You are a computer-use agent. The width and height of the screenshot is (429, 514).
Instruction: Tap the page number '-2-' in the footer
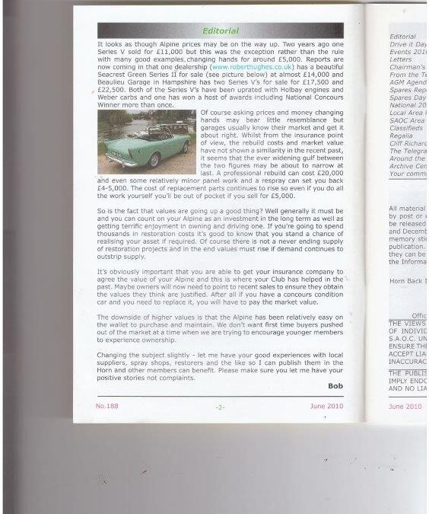pyautogui.click(x=219, y=408)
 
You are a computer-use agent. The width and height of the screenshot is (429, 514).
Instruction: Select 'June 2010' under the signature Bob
pyautogui.click(x=328, y=407)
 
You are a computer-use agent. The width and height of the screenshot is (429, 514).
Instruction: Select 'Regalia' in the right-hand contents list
pyautogui.click(x=400, y=139)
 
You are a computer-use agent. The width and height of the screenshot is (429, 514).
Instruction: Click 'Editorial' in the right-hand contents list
pyautogui.click(x=402, y=36)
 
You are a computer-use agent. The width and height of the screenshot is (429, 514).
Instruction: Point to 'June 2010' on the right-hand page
pyautogui.click(x=405, y=407)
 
